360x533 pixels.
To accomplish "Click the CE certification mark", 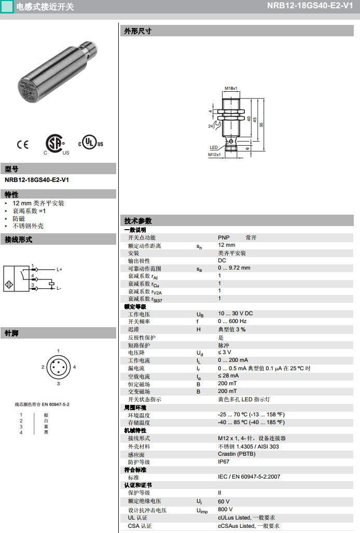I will [23, 144].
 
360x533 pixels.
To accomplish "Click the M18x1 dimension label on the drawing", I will [231, 89].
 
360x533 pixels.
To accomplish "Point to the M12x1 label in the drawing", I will [214, 155].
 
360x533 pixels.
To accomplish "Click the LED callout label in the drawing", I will [213, 147].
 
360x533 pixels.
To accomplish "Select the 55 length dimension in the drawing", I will [261, 124].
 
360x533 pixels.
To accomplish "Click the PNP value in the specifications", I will [224, 237].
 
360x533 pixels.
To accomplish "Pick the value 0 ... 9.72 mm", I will [234, 268].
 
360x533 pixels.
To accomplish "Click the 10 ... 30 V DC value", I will [235, 314].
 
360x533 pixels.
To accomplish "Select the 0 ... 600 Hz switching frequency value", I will [232, 321].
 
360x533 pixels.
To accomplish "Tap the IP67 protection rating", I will [224, 461].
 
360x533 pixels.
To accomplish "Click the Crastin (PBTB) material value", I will [237, 454].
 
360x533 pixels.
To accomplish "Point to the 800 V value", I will [225, 509].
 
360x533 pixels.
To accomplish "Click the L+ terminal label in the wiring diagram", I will [60, 270].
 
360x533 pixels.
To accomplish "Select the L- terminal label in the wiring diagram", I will [59, 288].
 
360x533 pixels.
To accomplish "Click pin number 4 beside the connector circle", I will [75, 367].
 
